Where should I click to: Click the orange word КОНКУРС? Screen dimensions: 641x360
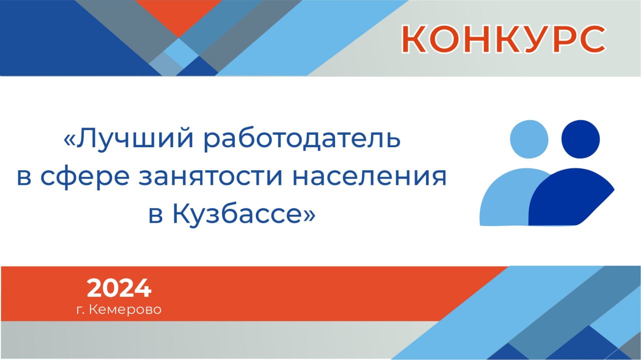pyautogui.click(x=504, y=39)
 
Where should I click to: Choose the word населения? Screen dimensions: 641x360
pyautogui.click(x=370, y=177)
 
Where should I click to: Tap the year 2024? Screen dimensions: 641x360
pyautogui.click(x=119, y=288)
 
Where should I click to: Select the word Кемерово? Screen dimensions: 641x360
pyautogui.click(x=125, y=309)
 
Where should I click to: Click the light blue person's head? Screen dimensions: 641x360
pyautogui.click(x=529, y=139)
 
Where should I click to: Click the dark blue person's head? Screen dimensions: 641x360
pyautogui.click(x=580, y=139)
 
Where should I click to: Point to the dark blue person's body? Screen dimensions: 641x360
pyautogui.click(x=569, y=197)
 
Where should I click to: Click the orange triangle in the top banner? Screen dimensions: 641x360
pyautogui.click(x=179, y=15)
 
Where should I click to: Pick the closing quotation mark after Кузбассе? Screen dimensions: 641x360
pyautogui.click(x=309, y=215)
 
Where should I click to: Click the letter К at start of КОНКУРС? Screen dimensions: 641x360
pyautogui.click(x=414, y=39)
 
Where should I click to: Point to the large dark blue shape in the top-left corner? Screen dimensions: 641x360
pyautogui.click(x=57, y=37)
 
